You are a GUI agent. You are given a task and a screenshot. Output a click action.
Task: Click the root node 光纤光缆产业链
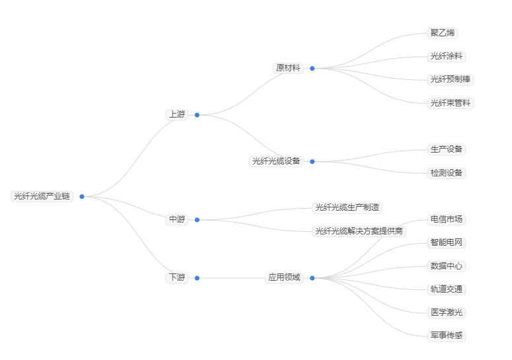coord(42,196)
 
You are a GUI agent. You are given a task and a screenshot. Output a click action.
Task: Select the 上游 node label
coord(176,114)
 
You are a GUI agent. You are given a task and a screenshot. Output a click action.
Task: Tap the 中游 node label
coord(176,219)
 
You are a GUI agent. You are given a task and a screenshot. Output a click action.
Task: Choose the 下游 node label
coord(176,278)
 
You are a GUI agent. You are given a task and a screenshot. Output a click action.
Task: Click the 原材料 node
coord(288,68)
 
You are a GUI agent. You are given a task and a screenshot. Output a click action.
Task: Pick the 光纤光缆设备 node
coord(276,161)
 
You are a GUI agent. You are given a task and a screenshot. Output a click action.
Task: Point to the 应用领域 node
coord(284,278)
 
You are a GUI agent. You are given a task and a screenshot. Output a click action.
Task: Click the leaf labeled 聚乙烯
coord(442,33)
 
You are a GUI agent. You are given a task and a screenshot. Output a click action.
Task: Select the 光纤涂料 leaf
coord(447,56)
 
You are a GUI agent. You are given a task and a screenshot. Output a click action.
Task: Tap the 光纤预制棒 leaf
coord(451,79)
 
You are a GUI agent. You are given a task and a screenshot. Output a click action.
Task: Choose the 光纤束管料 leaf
coord(451,103)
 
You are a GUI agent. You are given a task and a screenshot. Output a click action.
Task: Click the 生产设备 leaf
coord(447,149)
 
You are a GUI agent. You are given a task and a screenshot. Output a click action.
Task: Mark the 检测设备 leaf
coord(447,173)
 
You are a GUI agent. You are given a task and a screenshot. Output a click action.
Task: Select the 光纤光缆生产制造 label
coord(347,207)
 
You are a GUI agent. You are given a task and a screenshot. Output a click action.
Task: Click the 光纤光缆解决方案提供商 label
coord(359,231)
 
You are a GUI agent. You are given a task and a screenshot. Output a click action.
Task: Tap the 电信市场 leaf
coord(447,219)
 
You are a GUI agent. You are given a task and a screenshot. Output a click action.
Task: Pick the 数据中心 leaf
coord(447,266)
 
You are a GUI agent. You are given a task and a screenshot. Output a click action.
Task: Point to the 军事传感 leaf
coord(447,336)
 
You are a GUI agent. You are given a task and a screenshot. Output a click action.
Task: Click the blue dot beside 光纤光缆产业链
coord(82,196)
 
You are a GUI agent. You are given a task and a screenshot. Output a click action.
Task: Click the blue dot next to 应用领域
coord(312,278)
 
